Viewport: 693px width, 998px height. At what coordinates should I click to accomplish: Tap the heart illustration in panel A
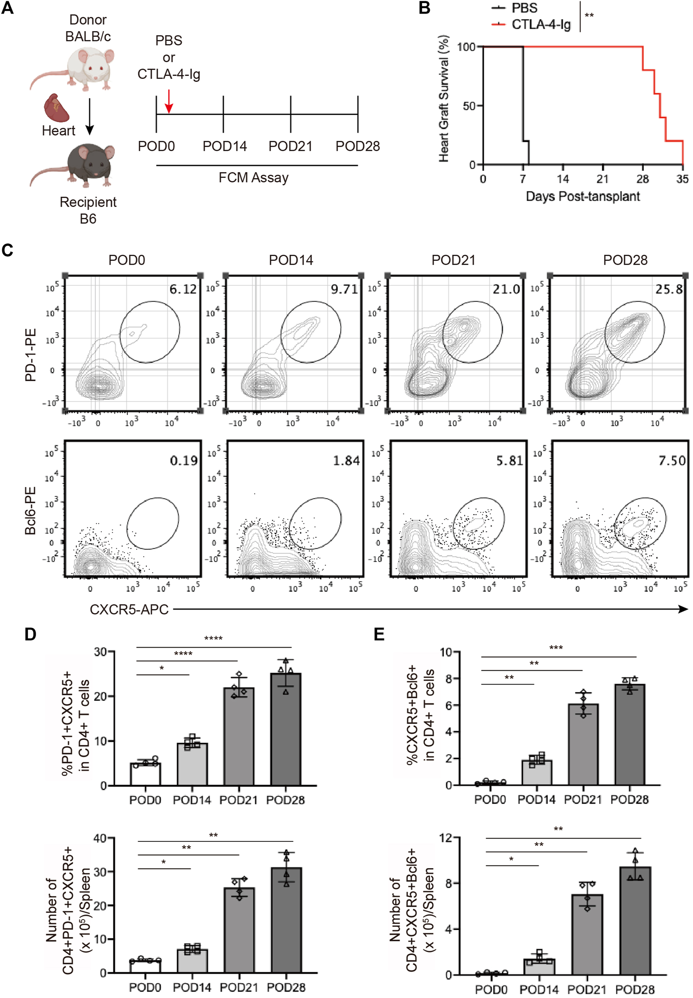coord(57,108)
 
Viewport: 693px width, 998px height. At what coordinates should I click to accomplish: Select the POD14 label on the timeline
coord(225,146)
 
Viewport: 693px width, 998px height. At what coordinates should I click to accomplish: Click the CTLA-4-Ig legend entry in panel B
coord(541,25)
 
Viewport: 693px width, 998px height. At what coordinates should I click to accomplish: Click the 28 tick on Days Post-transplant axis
coord(643,179)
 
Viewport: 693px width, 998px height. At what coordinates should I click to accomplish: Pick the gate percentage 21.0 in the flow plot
coord(506,289)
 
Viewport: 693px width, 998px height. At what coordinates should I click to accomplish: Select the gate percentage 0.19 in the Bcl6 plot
coord(184,460)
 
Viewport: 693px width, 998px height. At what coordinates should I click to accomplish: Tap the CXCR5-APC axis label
coord(129,610)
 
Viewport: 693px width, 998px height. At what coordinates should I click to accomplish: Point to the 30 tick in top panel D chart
coord(100,652)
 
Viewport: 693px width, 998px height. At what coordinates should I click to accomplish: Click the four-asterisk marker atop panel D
coord(213,639)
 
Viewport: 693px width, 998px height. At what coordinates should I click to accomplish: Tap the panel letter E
coord(379,634)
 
